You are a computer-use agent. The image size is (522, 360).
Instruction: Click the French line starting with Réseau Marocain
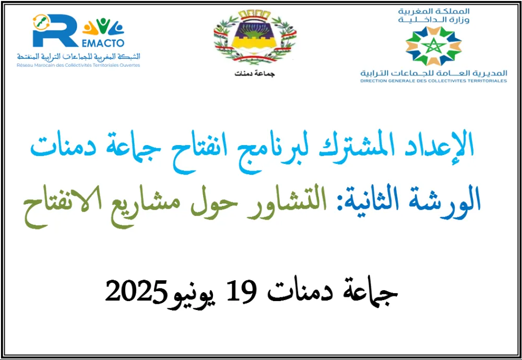(x=78, y=65)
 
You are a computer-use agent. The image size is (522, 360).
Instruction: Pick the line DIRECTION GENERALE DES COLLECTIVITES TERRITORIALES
(x=433, y=81)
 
